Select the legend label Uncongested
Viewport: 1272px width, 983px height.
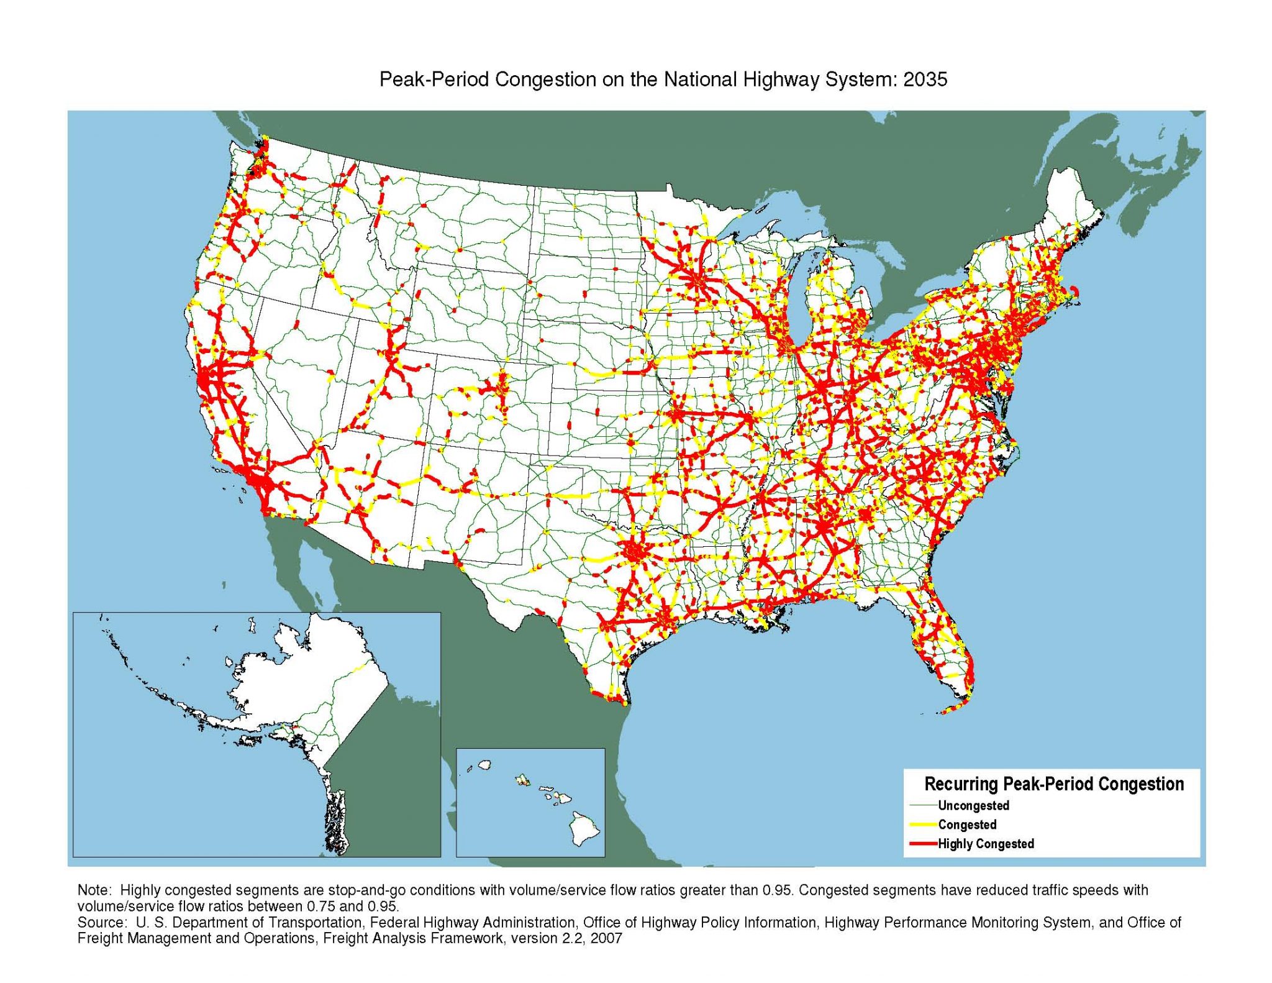click(973, 805)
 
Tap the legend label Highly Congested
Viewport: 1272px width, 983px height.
click(986, 844)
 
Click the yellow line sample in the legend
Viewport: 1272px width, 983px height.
click(923, 825)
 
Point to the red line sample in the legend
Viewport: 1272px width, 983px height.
click(923, 844)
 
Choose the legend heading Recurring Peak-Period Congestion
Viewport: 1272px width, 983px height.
click(1054, 784)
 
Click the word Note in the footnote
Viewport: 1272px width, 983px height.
click(93, 890)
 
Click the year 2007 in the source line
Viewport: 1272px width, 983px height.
click(606, 938)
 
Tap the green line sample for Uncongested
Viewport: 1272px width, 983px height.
click(923, 805)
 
